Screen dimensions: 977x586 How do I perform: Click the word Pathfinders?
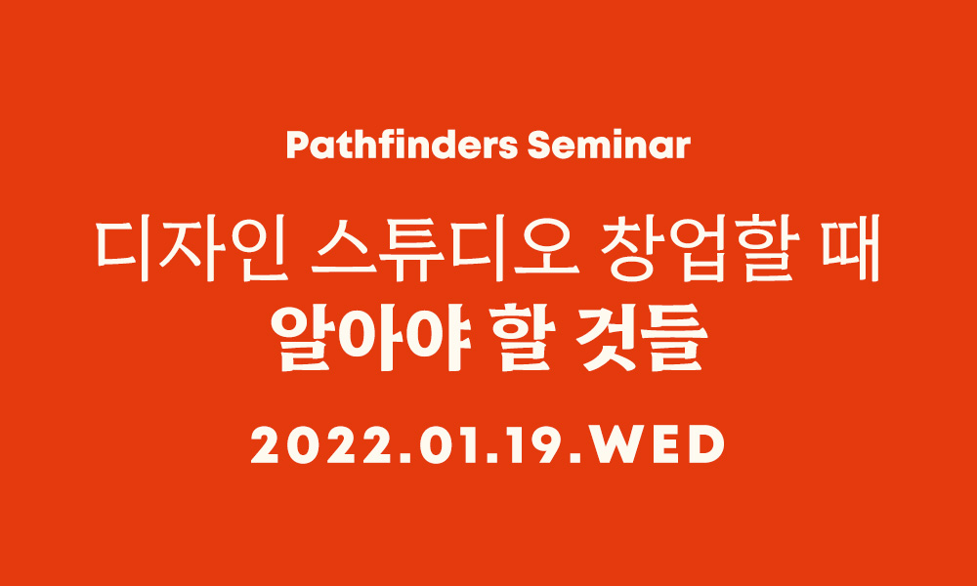click(x=402, y=146)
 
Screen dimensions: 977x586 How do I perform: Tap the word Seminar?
click(x=609, y=146)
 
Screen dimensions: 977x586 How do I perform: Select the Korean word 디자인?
click(x=191, y=248)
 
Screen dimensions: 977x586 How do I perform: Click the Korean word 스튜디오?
click(x=445, y=248)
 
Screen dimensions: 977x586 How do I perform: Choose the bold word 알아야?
click(x=369, y=340)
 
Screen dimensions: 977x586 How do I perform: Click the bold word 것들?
click(x=642, y=340)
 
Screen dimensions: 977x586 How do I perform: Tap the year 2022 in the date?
click(x=322, y=445)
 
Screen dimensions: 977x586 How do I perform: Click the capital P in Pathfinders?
click(x=298, y=146)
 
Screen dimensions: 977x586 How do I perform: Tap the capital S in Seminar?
click(x=539, y=146)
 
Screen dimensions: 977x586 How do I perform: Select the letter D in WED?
click(x=705, y=445)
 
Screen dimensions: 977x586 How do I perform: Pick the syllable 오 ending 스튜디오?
click(x=548, y=248)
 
